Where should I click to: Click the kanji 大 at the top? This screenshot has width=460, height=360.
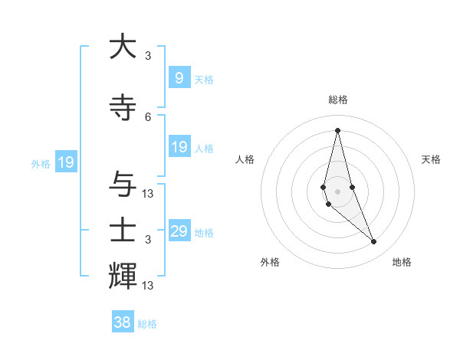click(123, 47)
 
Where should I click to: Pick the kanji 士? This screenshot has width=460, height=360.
click(123, 231)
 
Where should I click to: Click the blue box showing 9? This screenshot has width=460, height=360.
click(179, 78)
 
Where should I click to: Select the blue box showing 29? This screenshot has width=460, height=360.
click(179, 231)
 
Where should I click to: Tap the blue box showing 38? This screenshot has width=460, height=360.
click(123, 322)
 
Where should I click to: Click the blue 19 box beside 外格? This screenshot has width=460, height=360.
click(66, 162)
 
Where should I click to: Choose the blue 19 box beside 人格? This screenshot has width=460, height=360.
click(179, 147)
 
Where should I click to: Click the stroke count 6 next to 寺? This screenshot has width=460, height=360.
click(148, 116)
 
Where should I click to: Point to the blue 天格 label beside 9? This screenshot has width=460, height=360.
click(204, 79)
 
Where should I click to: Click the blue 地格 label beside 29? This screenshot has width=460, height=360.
click(204, 232)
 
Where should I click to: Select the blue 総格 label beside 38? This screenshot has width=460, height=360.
click(147, 324)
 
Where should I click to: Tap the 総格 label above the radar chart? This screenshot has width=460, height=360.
click(338, 100)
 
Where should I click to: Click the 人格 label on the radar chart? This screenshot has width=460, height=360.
click(245, 159)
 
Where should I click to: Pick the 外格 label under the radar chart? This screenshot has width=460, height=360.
click(270, 262)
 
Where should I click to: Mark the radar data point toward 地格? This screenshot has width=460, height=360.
click(374, 242)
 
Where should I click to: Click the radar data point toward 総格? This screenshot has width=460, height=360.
click(337, 130)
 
